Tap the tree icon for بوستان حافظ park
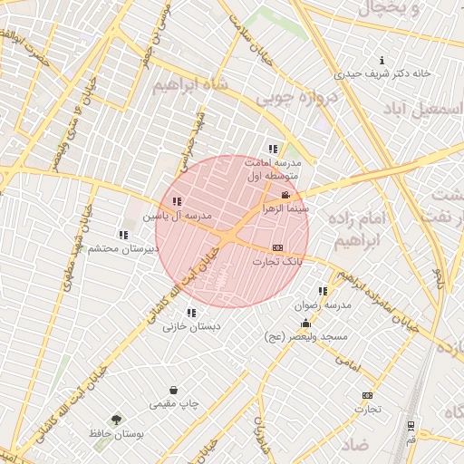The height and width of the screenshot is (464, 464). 116,420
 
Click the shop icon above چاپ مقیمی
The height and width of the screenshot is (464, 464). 173,390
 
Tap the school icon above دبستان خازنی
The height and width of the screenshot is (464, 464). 190,313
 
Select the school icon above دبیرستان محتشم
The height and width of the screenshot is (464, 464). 123,235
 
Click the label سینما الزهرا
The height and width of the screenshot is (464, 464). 285,208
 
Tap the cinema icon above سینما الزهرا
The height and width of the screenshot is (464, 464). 286,195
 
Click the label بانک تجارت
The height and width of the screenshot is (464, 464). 277,261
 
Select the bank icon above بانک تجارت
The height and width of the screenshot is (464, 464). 277,247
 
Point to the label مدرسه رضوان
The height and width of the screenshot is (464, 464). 314,305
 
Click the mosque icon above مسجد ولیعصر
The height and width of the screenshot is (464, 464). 305,323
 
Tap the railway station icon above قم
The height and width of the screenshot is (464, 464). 411,425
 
